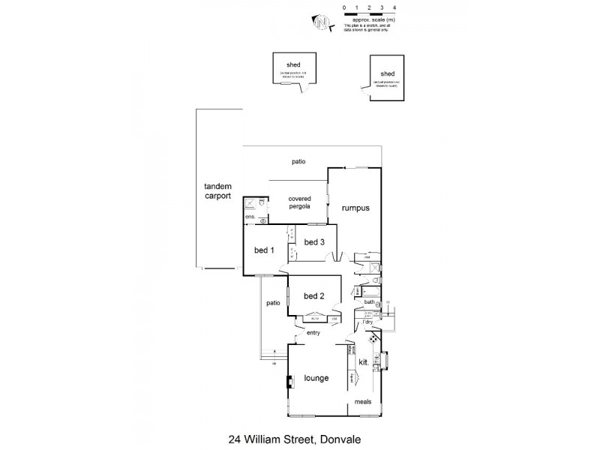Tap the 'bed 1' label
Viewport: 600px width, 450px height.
point(262,250)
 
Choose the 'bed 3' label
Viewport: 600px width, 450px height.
point(313,241)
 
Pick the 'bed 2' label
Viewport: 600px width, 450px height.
point(313,295)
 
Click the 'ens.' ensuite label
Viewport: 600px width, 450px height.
point(250,218)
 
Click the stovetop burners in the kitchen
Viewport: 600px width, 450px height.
point(374,340)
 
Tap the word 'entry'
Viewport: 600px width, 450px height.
point(313,332)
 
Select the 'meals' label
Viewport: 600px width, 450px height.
point(363,401)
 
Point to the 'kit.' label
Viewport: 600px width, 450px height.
point(364,362)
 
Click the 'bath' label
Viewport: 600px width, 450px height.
point(369,302)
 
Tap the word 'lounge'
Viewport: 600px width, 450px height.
point(316,378)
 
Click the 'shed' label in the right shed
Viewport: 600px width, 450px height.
point(387,73)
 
